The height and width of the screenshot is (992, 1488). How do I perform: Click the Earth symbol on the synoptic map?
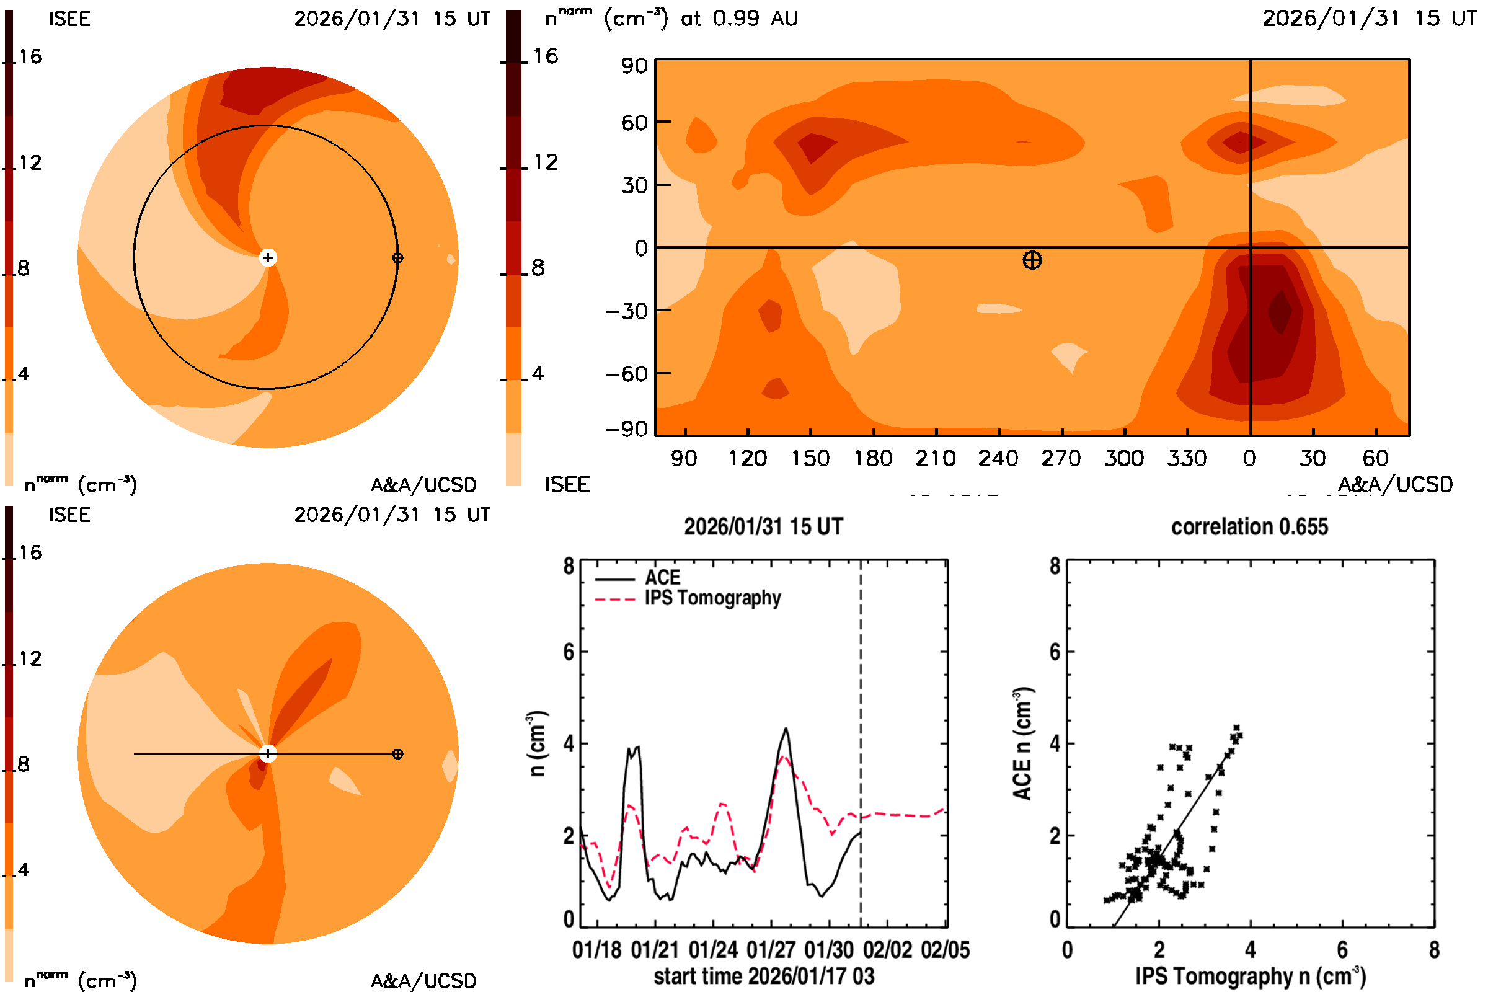(1032, 260)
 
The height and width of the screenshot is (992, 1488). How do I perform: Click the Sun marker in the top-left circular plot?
(268, 257)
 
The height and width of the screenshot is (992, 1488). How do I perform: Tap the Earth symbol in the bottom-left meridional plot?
(397, 754)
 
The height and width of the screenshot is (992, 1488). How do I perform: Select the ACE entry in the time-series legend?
(662, 578)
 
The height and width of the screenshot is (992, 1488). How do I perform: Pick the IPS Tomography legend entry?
(712, 598)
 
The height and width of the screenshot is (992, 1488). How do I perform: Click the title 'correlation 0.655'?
(1249, 527)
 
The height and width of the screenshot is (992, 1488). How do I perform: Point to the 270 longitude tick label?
(1061, 458)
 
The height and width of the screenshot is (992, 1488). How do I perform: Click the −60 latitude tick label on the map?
(626, 374)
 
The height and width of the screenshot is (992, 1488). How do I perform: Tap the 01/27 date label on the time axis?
(771, 950)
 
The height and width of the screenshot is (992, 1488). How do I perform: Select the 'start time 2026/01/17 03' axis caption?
(764, 976)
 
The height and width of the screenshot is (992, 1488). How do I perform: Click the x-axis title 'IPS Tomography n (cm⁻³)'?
(1250, 976)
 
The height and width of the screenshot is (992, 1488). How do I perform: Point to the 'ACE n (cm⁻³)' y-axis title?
(1022, 743)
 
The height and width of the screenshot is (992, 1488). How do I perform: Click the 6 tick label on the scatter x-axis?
(1342, 950)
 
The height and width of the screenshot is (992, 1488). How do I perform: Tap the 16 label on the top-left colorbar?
(30, 57)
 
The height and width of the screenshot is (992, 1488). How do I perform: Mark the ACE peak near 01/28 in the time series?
(786, 729)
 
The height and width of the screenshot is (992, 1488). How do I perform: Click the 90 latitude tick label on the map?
(634, 66)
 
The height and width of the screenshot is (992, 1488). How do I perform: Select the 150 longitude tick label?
(810, 458)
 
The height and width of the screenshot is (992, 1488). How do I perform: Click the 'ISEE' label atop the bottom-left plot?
(69, 515)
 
